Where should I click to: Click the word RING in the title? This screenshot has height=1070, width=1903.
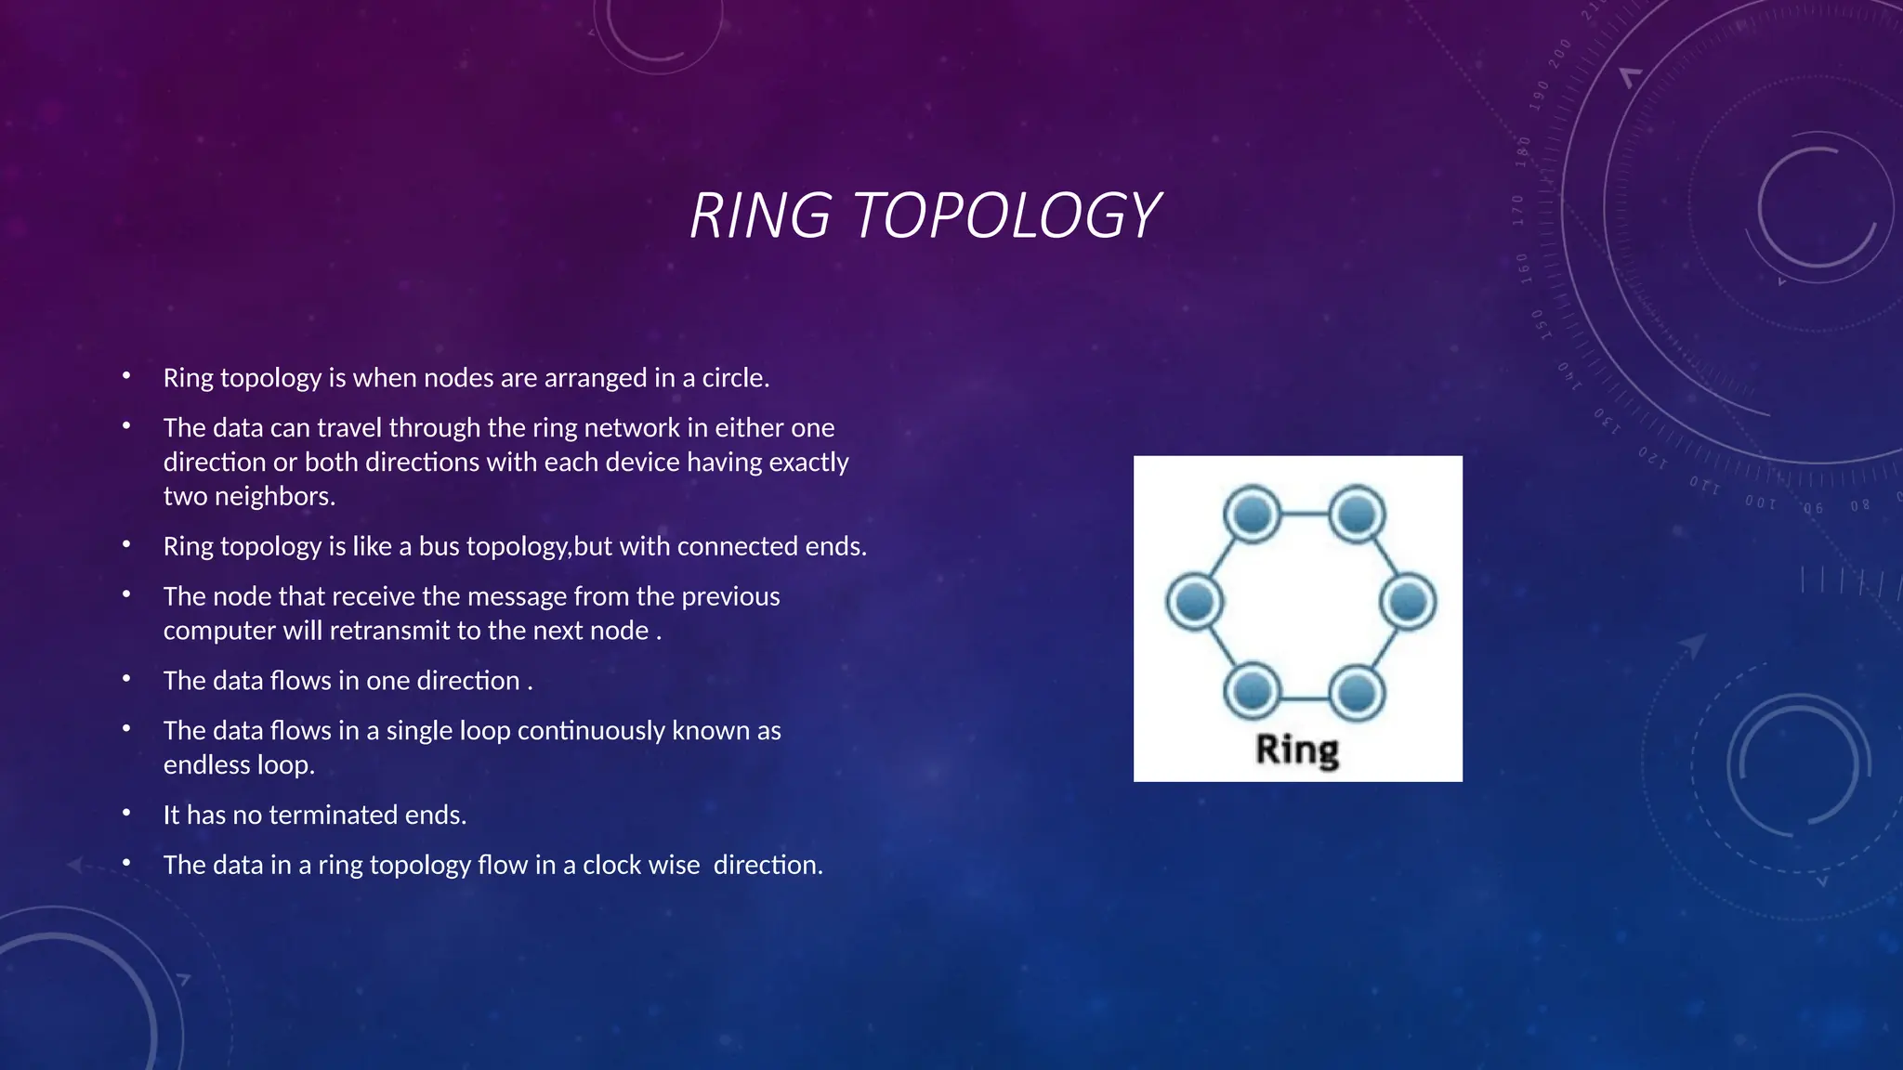[760, 215]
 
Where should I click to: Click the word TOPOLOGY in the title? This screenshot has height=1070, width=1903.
[1006, 215]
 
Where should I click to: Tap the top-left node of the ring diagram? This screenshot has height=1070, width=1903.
[1253, 514]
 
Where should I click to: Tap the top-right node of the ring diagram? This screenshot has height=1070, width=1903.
[1358, 514]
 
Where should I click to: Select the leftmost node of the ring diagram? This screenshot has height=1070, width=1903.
[1194, 602]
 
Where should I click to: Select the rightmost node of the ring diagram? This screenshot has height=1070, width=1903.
[1409, 602]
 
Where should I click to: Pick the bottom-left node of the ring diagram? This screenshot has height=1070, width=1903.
[1253, 691]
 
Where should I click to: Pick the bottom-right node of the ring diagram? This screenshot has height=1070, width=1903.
[1358, 691]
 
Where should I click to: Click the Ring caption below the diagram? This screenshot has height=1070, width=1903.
[1297, 750]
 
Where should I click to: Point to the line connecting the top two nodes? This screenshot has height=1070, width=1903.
[1305, 514]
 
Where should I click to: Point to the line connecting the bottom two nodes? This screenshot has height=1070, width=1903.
[1305, 697]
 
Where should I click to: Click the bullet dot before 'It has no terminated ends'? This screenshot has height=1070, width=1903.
[126, 814]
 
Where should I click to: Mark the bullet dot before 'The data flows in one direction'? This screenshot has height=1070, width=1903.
[126, 679]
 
